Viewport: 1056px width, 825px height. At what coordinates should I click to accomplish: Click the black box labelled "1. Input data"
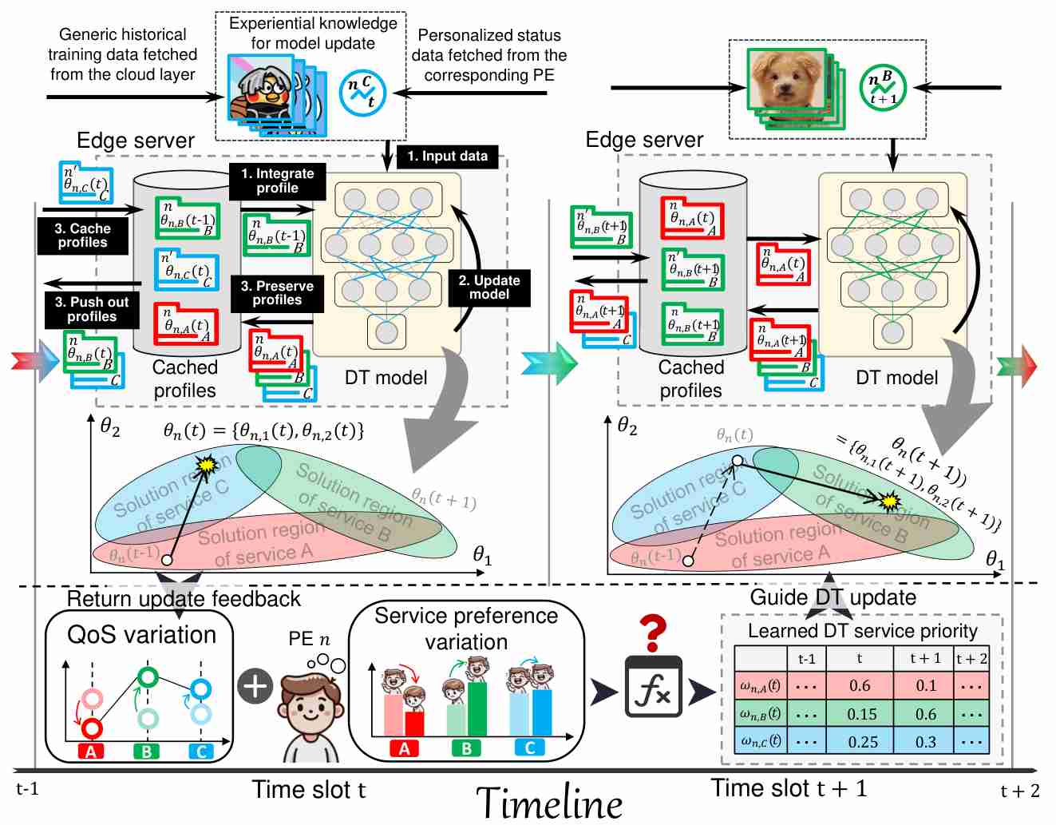(x=447, y=157)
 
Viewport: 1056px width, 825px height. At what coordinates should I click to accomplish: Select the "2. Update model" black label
(x=488, y=288)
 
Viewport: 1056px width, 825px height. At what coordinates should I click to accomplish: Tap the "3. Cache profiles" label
(x=82, y=236)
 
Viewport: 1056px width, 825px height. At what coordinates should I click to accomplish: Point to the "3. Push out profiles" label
(x=91, y=309)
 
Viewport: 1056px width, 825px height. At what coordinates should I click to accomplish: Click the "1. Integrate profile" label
(x=277, y=181)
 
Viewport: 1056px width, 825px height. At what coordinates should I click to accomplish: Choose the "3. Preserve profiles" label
(x=277, y=293)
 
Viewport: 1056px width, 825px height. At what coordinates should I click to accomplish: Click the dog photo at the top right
(x=786, y=81)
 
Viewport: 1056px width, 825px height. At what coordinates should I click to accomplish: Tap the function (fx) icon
(x=653, y=688)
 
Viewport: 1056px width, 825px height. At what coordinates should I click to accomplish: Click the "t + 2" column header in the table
(x=971, y=659)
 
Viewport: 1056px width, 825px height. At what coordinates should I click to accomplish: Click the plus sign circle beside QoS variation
(x=255, y=686)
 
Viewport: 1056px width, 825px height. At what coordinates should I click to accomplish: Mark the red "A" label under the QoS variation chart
(x=91, y=752)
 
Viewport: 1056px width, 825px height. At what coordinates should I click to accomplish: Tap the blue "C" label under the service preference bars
(x=529, y=748)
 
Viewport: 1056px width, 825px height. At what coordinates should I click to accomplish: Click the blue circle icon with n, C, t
(x=362, y=92)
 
